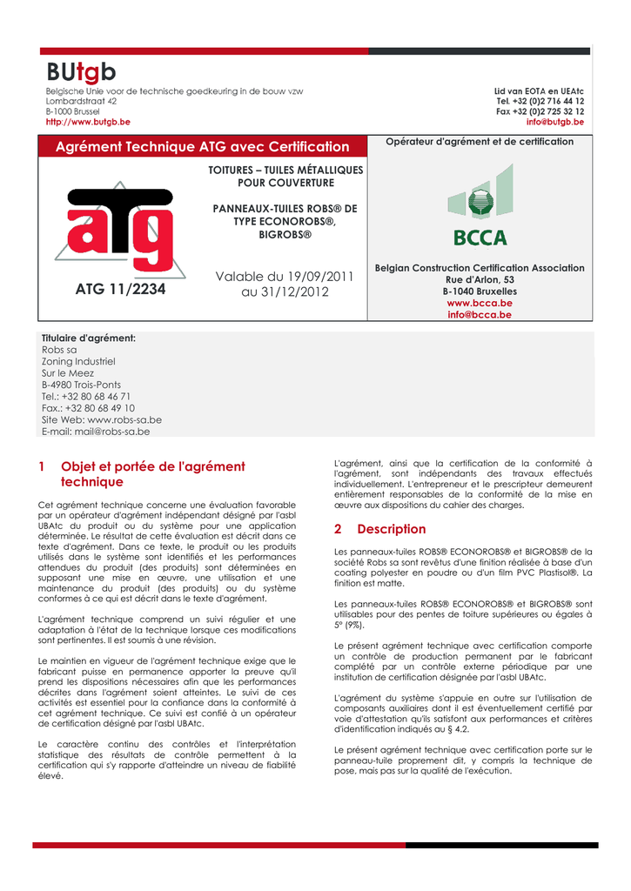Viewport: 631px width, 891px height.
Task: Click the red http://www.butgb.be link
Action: click(88, 123)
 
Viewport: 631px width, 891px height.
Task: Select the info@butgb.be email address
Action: click(555, 123)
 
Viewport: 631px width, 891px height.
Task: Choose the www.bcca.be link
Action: click(479, 303)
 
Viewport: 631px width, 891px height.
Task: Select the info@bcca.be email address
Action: click(479, 315)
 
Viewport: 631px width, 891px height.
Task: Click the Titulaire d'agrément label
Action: click(89, 338)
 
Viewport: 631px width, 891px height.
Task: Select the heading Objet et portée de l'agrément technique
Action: click(152, 473)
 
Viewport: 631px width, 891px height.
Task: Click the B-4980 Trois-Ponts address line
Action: click(81, 385)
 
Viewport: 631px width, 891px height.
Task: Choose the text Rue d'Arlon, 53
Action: click(479, 279)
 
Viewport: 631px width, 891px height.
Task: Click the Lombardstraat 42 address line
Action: click(81, 102)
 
